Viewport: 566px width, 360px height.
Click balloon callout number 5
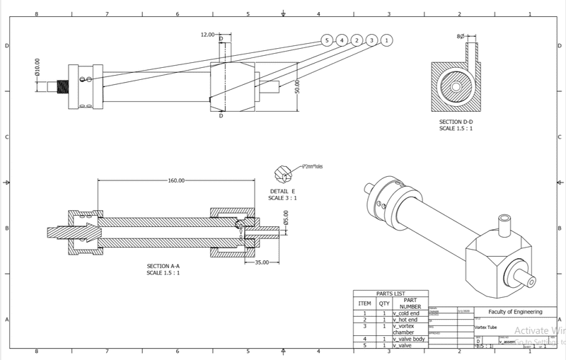tap(327, 40)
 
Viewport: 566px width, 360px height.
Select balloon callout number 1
tap(386, 40)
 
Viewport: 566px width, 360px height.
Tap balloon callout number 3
tap(371, 40)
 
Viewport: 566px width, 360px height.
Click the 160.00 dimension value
tap(176, 180)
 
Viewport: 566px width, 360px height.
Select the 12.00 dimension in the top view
tap(208, 35)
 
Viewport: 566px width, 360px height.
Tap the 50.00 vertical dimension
tap(298, 86)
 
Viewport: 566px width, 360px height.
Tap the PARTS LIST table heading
tap(391, 293)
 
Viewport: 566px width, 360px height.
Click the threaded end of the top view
tap(62, 86)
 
